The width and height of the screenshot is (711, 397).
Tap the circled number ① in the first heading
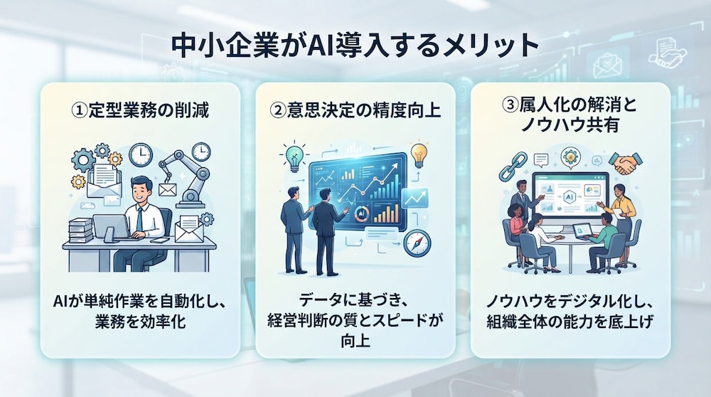coord(80,110)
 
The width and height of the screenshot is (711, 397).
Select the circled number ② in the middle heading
coord(278,110)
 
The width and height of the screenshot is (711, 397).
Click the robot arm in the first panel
coord(185,177)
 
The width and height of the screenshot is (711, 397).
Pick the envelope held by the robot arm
coord(167,189)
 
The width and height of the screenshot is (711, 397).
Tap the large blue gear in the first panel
coord(84,160)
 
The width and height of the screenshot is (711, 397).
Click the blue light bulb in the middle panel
coord(294,157)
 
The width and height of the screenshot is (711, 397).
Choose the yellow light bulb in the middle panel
coord(419,154)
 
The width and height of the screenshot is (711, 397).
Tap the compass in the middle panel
coord(417,243)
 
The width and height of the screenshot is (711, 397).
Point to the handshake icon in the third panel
coord(626,164)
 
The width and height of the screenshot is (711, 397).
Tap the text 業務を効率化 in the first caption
coord(141,322)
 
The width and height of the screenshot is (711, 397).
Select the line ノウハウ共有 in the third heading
coord(570,125)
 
